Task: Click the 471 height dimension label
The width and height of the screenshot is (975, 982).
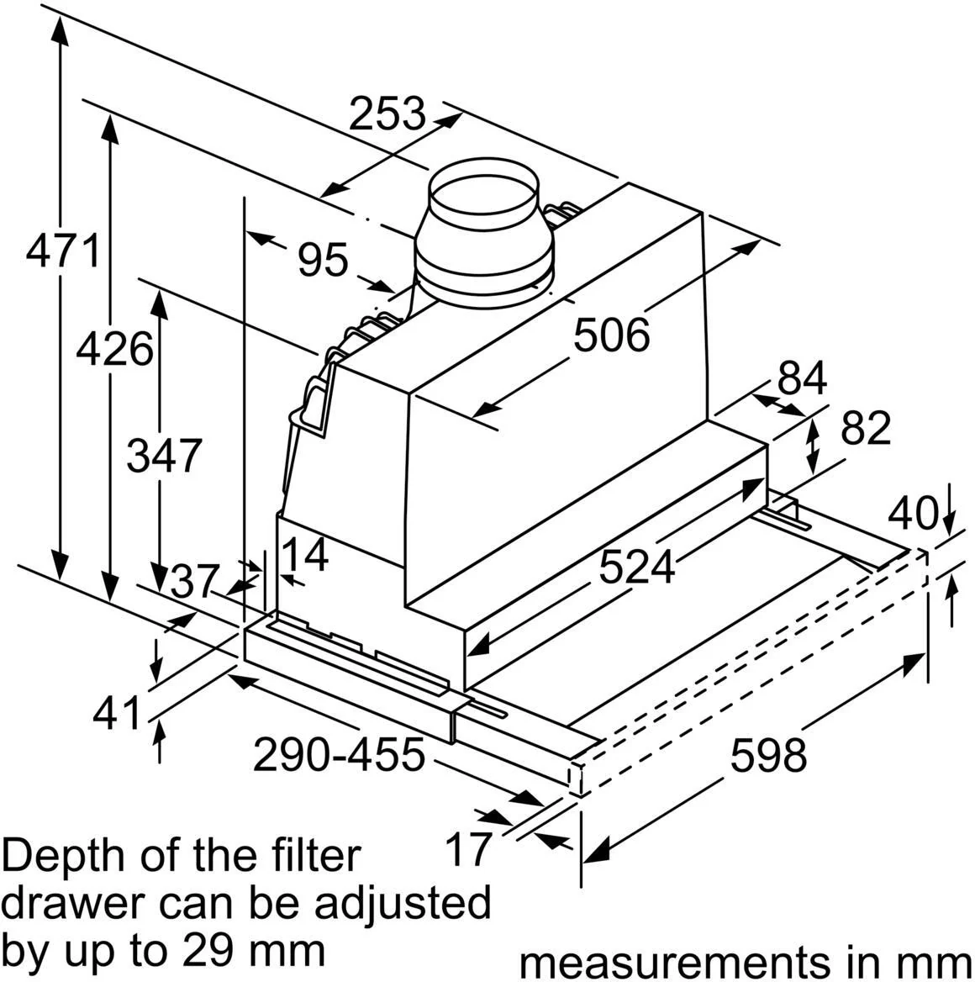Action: [63, 251]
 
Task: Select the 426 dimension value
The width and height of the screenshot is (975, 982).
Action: [114, 349]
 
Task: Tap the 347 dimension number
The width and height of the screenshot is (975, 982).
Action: [164, 455]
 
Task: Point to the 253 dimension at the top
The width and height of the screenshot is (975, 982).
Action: [387, 114]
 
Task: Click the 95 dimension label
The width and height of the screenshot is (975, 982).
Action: [323, 259]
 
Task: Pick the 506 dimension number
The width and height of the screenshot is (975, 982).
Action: [612, 335]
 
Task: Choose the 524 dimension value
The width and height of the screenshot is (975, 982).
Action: [637, 567]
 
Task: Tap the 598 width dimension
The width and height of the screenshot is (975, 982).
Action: [769, 755]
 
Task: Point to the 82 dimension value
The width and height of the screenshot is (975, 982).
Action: [866, 428]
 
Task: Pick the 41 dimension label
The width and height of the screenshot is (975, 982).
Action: [117, 713]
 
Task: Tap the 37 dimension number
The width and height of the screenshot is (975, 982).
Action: [195, 582]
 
